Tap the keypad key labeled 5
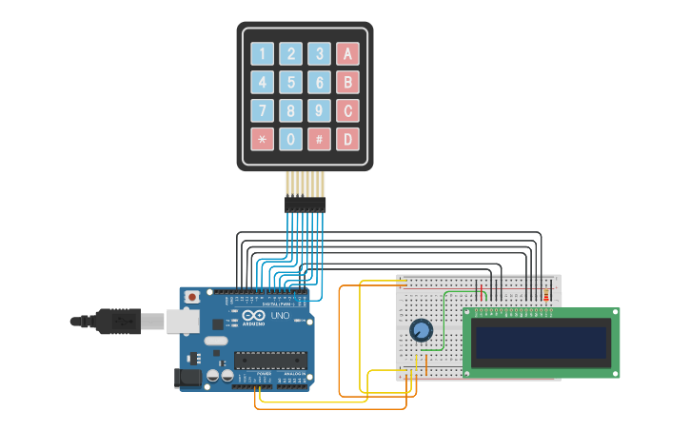click(291, 83)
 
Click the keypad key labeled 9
click(320, 111)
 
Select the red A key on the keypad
click(348, 54)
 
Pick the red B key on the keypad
click(348, 83)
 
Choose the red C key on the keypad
click(348, 111)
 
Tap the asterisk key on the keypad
click(262, 140)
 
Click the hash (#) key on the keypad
click(320, 140)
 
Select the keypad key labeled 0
click(291, 140)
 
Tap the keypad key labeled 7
click(262, 111)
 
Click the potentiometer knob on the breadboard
click(421, 330)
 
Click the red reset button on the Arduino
click(192, 297)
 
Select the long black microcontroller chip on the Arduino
click(271, 360)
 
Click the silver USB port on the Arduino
click(183, 322)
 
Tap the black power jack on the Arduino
click(188, 378)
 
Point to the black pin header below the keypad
click(305, 204)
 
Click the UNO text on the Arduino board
click(280, 316)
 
